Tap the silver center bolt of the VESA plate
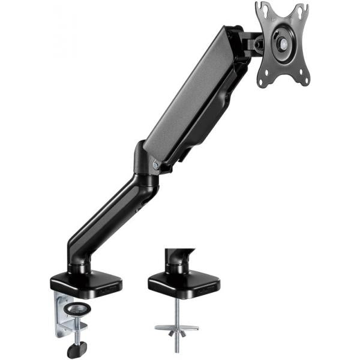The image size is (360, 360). coord(281,44)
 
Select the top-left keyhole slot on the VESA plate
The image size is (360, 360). coord(263,10)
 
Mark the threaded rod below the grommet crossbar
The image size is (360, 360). coord(176,342)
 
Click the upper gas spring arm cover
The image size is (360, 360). coord(198,96)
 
